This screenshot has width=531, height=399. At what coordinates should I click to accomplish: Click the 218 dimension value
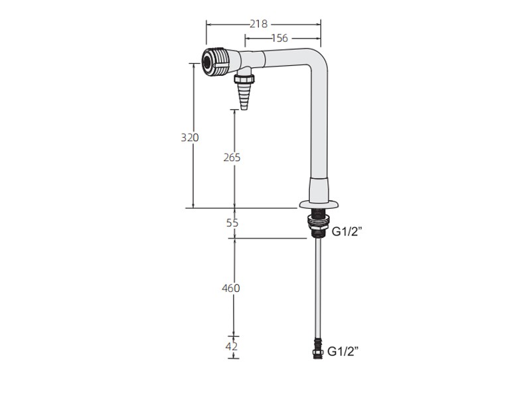coord(259,24)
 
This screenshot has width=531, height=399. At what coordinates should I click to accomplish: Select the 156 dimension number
coord(279,38)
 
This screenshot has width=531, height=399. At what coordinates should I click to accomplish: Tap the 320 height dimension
coord(190,138)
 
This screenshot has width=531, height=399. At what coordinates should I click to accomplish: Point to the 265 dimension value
coord(232,158)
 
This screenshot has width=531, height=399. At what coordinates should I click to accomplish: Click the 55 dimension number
coord(232,223)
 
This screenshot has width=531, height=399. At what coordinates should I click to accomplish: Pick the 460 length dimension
coord(231,288)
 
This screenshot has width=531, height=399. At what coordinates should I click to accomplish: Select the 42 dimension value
coord(232,346)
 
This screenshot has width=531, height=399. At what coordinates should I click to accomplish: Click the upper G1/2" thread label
coord(346,231)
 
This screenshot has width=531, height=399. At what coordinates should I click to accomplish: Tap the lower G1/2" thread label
coord(342,352)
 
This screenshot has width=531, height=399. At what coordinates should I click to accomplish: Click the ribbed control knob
coord(216,63)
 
